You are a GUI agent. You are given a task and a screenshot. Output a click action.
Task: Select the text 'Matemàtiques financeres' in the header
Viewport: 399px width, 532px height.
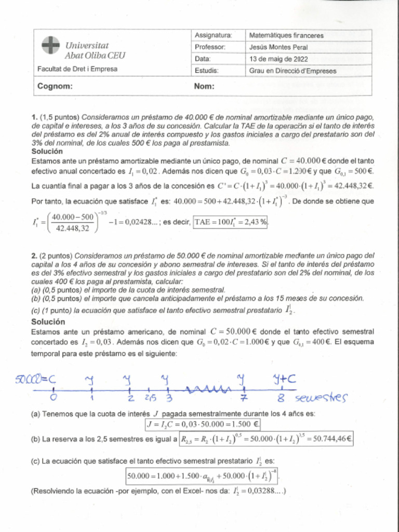286,36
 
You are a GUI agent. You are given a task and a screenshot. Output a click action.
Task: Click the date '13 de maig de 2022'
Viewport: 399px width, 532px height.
278,59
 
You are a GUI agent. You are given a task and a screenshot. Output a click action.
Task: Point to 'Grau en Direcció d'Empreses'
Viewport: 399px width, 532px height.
292,71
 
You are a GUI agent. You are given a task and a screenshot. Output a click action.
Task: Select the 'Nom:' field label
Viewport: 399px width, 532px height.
204,87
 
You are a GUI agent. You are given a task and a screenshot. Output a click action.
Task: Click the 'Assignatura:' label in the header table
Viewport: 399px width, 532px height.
213,35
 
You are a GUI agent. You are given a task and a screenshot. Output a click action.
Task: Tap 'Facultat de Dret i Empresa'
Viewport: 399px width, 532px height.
77,69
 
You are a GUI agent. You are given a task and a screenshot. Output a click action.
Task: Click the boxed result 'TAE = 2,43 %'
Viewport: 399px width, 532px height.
231,222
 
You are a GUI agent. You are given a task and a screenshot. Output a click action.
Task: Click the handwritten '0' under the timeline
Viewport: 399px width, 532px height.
54,397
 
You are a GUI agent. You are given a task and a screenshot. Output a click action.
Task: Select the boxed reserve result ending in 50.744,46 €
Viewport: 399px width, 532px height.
266,439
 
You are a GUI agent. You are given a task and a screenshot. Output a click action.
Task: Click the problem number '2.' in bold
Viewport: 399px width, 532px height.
34,256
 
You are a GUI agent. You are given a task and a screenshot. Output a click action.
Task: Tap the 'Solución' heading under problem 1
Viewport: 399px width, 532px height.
47,151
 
